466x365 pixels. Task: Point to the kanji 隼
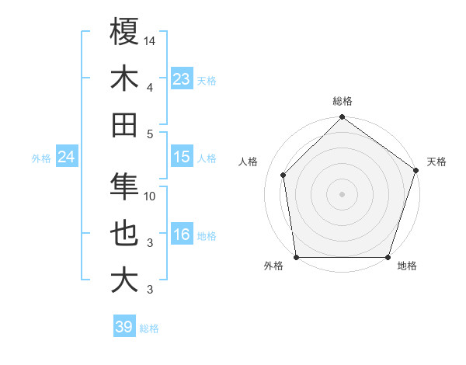[124, 186]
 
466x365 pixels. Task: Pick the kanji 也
[124, 234]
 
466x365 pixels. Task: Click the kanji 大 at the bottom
[124, 280]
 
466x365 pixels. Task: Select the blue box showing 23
[182, 78]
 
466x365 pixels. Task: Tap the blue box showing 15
[182, 157]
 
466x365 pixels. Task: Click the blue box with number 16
[182, 235]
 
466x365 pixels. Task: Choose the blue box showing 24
[66, 157]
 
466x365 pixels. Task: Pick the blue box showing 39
[124, 327]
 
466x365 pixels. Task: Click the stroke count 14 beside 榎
[150, 40]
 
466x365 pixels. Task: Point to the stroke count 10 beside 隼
[150, 196]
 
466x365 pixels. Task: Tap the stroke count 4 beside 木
[150, 87]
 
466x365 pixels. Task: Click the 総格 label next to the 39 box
[149, 328]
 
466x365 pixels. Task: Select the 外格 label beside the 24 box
[41, 158]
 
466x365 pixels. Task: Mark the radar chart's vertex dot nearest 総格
[342, 118]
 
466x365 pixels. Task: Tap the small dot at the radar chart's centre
[342, 193]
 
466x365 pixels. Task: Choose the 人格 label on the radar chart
[248, 162]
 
